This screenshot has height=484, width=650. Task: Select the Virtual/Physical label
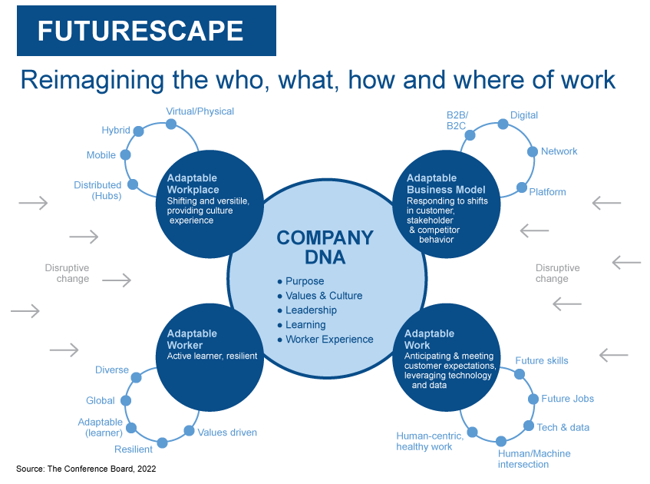[200, 111]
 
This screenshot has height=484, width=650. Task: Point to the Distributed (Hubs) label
[97, 191]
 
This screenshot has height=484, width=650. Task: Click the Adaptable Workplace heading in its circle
[193, 184]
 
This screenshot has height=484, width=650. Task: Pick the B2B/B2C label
[457, 121]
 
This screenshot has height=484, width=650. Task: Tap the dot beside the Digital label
[503, 123]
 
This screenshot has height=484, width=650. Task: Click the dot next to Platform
[522, 187]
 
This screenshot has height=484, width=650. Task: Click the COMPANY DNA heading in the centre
[325, 247]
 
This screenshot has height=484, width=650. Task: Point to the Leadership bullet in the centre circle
[311, 310]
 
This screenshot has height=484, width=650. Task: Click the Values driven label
[227, 433]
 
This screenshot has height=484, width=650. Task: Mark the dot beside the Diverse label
[137, 377]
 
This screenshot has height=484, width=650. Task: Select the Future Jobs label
[567, 399]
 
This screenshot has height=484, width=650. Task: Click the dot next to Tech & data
[529, 426]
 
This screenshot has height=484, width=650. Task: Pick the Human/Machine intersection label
[534, 459]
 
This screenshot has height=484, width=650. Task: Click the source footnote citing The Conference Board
[86, 468]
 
